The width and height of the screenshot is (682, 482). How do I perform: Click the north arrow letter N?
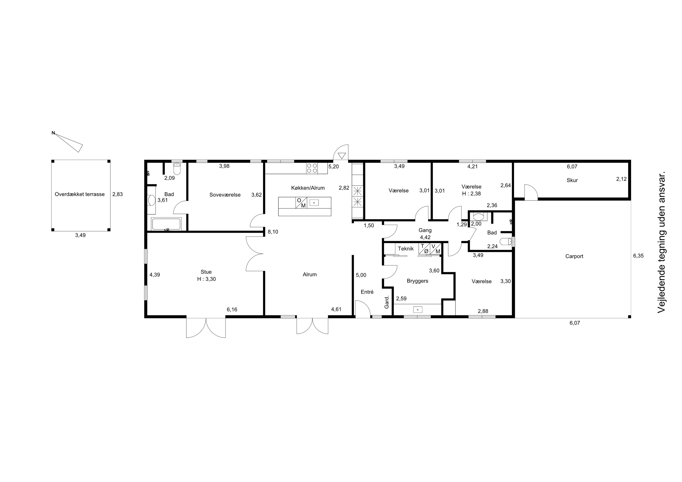53,133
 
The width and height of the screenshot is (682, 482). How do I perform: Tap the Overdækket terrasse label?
80,195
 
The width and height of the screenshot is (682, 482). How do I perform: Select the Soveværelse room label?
225,195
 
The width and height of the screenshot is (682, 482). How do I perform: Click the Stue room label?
206,272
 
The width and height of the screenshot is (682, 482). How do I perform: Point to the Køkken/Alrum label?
308,188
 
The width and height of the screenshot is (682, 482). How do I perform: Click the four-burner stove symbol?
312,168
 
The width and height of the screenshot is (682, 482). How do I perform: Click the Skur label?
572,180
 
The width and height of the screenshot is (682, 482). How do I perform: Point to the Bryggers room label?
417,281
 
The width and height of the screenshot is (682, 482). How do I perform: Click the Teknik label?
406,249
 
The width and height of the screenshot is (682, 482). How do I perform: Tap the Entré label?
367,292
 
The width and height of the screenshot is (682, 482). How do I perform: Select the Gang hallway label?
425,230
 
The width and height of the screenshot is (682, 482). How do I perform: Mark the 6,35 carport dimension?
638,256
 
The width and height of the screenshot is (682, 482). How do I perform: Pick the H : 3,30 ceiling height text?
206,279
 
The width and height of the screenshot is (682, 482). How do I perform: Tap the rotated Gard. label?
387,302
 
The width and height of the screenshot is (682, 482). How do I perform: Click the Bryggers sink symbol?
418,310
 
